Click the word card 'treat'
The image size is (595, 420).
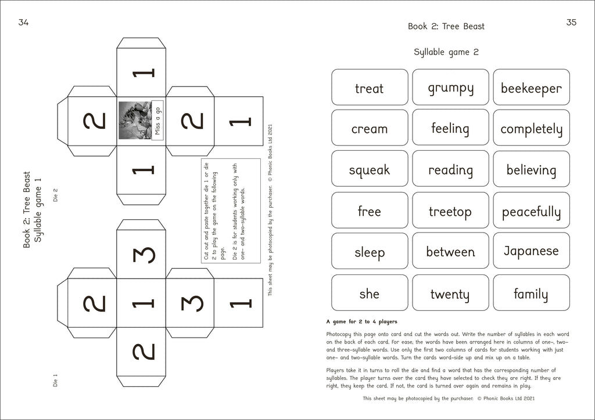click(370, 88)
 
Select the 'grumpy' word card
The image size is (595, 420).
click(450, 88)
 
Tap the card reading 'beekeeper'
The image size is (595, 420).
click(531, 88)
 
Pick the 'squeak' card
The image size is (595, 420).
click(370, 169)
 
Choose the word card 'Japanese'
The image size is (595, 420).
click(531, 251)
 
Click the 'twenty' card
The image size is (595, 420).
click(450, 293)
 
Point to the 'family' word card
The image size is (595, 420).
click(531, 293)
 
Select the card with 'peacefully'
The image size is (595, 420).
click(531, 211)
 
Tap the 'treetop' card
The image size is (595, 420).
click(450, 211)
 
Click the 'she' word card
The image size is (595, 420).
click(370, 293)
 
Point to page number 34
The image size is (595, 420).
click(23, 23)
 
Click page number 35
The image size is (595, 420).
click(571, 23)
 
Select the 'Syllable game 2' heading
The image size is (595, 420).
click(446, 52)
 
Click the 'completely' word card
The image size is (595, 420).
click(531, 128)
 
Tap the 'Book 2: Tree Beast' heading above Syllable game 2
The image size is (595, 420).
click(446, 26)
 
